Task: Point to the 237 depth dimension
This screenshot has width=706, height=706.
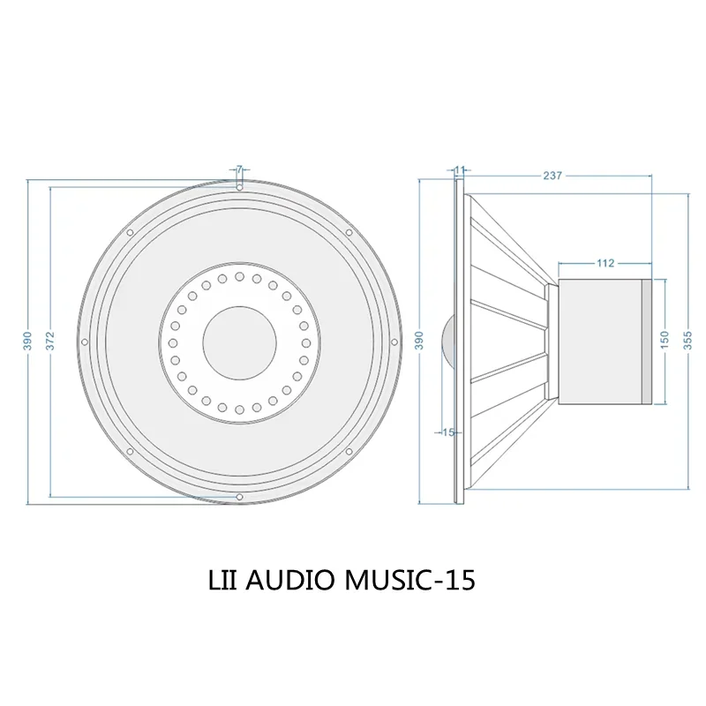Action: coord(552,176)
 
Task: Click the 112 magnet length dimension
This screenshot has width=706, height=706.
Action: coord(605,263)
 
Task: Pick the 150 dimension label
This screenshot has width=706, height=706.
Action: coord(665,341)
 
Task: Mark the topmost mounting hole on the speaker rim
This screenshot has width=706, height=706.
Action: coord(239,186)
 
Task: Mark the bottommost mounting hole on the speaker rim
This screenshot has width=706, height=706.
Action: coord(239,498)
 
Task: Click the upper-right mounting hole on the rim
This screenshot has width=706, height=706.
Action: coord(349,232)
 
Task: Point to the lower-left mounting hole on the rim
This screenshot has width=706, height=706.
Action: coord(130,452)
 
